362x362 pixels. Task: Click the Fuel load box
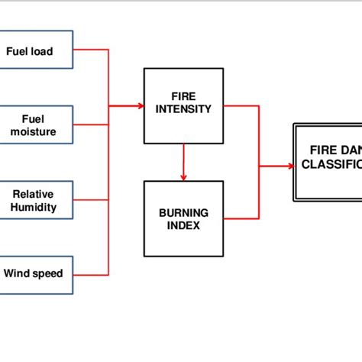click(x=37, y=50)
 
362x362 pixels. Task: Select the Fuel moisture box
click(x=37, y=125)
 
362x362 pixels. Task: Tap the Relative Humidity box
click(x=37, y=200)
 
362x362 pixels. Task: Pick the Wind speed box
click(x=37, y=273)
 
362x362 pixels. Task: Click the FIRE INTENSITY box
click(x=183, y=105)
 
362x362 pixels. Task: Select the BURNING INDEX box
click(x=183, y=218)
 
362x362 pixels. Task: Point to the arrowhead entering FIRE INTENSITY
click(x=140, y=106)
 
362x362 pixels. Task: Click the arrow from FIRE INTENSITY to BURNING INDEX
click(x=183, y=162)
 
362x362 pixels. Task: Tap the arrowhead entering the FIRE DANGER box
click(x=289, y=165)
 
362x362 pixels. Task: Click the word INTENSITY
click(x=183, y=110)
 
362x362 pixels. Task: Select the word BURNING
click(x=183, y=212)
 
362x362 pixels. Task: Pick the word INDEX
click(x=183, y=225)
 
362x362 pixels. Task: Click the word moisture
click(x=34, y=132)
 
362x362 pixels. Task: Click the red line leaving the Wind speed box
click(x=92, y=274)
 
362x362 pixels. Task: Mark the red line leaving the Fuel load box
click(x=92, y=50)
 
